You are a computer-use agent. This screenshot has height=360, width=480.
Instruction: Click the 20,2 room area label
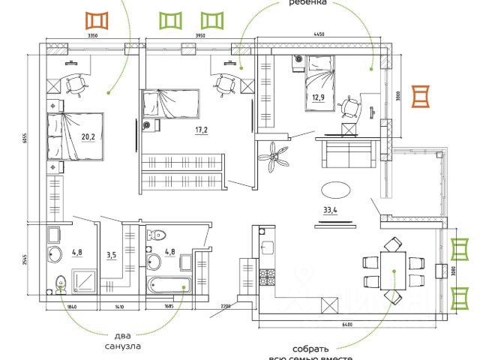(x=88, y=136)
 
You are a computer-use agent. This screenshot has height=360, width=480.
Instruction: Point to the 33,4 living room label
(x=331, y=209)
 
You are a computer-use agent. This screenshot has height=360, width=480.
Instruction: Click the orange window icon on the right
(x=421, y=95)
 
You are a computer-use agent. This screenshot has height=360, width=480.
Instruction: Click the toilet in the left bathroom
(x=61, y=282)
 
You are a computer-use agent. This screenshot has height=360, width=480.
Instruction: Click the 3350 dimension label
(x=93, y=35)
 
